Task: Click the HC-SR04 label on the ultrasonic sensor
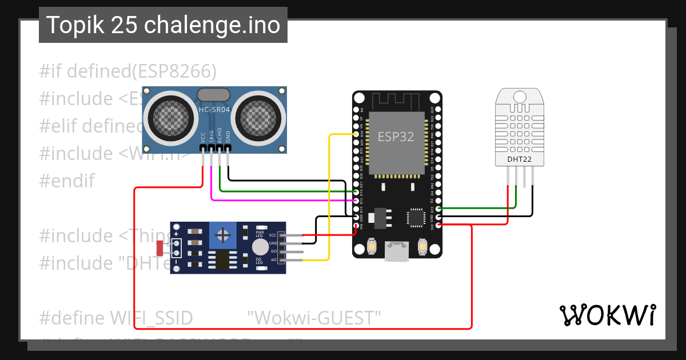[214, 110]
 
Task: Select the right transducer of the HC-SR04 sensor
[258, 117]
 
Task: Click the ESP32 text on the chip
[396, 137]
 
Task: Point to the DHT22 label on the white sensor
[519, 159]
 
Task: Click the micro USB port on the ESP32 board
[397, 251]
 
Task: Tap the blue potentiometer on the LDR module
[224, 234]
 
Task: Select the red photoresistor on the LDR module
[159, 248]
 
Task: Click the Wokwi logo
[607, 315]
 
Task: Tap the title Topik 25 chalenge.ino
[163, 25]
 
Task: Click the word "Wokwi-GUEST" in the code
[314, 318]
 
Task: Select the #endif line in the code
[67, 181]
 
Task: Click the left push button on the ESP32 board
[372, 246]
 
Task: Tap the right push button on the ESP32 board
[422, 246]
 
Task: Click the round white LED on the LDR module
[260, 247]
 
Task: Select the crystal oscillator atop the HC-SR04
[213, 95]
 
